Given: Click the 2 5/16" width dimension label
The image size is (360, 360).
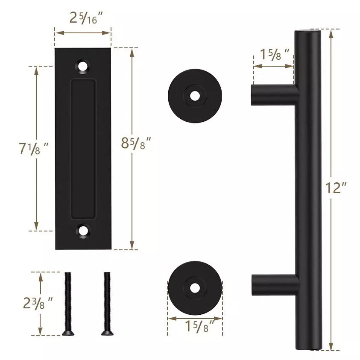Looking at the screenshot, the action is pyautogui.click(x=86, y=18).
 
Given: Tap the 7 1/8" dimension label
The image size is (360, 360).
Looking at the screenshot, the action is pyautogui.click(x=33, y=149).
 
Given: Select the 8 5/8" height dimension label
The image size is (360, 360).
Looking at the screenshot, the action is pyautogui.click(x=136, y=143).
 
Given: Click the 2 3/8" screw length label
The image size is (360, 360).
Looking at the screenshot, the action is pyautogui.click(x=38, y=303).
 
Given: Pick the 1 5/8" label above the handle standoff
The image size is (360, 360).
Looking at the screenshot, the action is pyautogui.click(x=274, y=55).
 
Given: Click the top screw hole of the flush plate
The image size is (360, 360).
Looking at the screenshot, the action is pyautogui.click(x=82, y=67).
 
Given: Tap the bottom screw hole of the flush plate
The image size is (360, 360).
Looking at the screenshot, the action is pyautogui.click(x=82, y=231).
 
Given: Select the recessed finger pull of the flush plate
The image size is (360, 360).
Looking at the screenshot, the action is pyautogui.click(x=83, y=149).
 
